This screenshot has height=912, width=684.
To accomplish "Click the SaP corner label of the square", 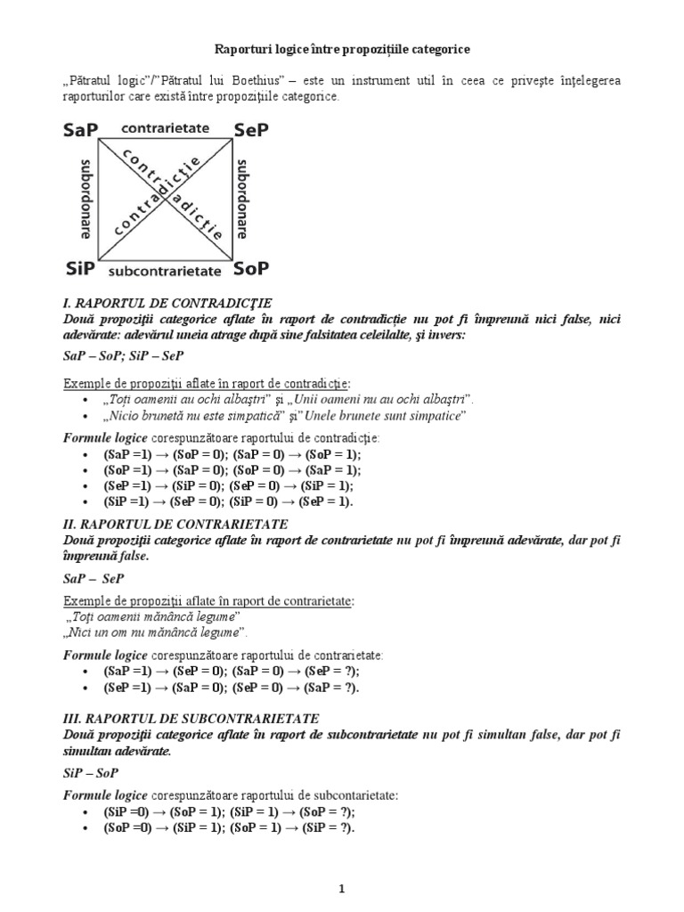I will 81,130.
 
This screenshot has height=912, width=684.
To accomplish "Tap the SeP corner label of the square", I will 250,130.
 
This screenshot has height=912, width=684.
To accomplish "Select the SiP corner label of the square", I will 80,268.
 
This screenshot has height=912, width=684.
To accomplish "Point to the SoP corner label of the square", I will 251,268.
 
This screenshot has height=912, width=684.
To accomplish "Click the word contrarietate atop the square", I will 164,128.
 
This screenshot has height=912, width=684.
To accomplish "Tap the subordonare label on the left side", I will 86,199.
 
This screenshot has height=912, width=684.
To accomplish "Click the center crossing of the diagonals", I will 165,199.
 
